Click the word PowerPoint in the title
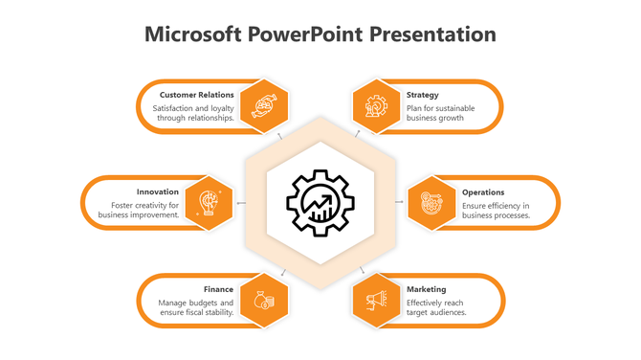coord(301,35)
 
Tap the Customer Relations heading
coord(196,95)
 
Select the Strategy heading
coord(423,95)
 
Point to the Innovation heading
coord(158,191)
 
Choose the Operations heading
coord(483,191)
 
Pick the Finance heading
coord(219,288)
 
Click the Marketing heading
coord(427,288)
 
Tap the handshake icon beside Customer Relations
coord(264,105)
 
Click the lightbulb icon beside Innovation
coord(209,202)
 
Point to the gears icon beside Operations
coord(431,202)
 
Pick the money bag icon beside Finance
coord(264,301)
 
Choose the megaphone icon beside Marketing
coord(375,301)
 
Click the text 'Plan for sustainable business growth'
coord(441,114)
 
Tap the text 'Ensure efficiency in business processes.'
coord(496,211)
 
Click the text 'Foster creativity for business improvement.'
coord(139,211)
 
